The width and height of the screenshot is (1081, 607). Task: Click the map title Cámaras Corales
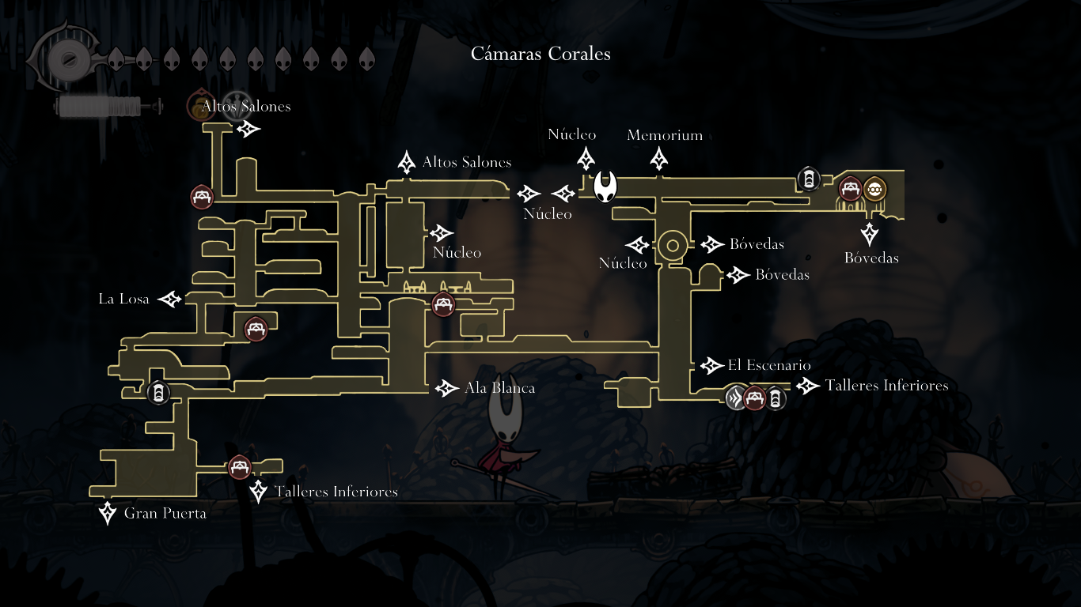[x=540, y=54]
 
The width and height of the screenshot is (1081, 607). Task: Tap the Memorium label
[x=665, y=135]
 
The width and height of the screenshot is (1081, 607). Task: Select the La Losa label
[x=123, y=299]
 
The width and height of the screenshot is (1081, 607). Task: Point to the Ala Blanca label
[x=499, y=388]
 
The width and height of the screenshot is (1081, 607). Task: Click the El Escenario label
[x=769, y=365]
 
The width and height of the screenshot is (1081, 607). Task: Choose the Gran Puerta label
[x=165, y=514]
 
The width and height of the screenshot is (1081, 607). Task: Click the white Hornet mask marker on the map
[x=605, y=188]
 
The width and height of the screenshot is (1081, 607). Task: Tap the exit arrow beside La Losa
[x=170, y=299]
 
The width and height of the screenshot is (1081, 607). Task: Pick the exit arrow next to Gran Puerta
[x=108, y=513]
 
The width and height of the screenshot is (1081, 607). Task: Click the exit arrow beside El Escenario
[x=710, y=365]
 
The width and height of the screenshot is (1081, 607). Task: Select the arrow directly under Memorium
[x=658, y=159]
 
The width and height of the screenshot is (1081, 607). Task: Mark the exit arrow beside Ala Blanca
[x=447, y=388]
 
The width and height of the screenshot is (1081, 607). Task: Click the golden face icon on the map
[x=874, y=189]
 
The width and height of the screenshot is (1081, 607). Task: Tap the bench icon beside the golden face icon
[x=851, y=189]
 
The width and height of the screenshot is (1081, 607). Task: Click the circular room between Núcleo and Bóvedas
[x=673, y=246]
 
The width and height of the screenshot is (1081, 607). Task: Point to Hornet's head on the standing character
[x=503, y=419]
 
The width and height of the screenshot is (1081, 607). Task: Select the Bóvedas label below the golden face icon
[x=871, y=258]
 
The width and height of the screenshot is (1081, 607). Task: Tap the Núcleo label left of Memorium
[x=572, y=135]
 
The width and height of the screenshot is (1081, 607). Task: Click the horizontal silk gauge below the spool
[x=99, y=105]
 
